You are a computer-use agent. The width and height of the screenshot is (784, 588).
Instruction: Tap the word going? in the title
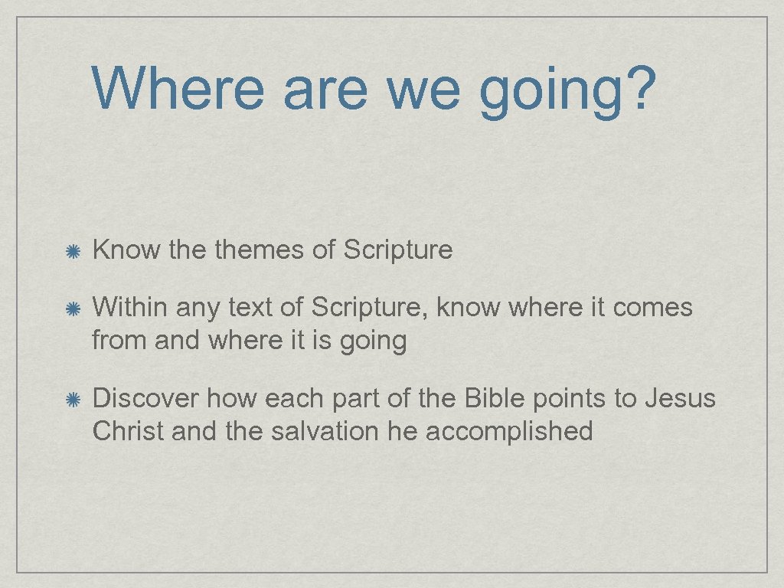pos(568,90)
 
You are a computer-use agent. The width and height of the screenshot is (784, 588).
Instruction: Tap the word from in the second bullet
pos(119,340)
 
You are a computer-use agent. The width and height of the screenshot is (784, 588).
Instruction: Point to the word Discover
pos(146,399)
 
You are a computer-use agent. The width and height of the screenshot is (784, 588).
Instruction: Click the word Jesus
pos(680,399)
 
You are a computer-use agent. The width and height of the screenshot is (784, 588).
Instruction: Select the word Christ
pos(128,431)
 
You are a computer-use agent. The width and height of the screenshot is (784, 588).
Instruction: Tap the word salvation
pos(313,431)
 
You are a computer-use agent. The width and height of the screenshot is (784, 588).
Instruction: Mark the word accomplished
pos(509,433)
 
